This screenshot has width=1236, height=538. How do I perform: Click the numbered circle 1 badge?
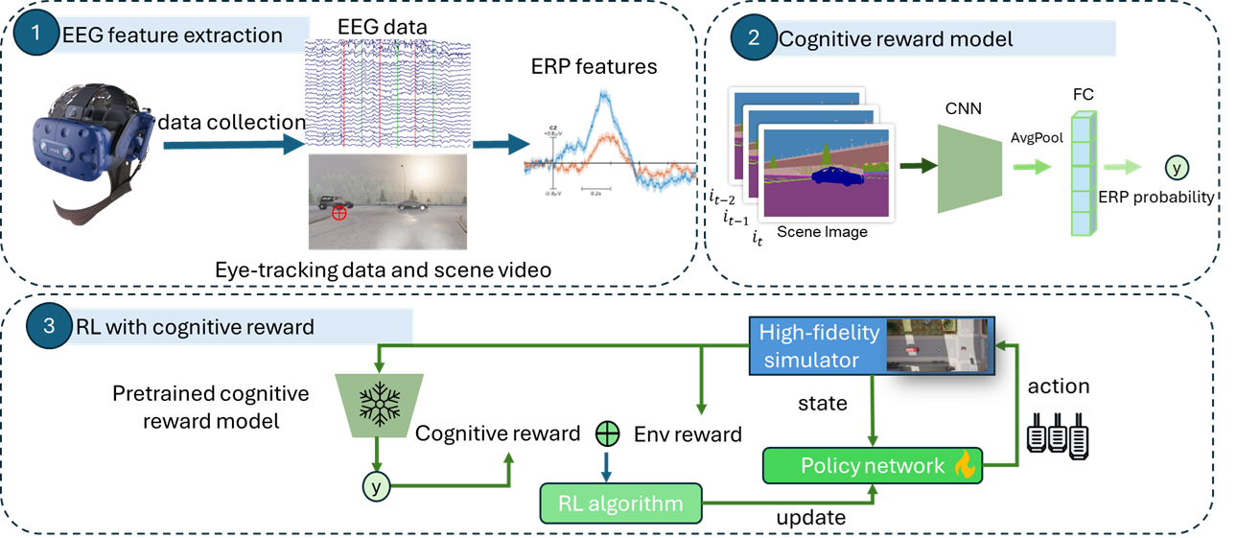tap(36, 33)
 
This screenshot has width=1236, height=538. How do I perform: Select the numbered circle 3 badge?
tap(49, 325)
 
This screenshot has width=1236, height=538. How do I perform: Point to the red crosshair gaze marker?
tap(338, 213)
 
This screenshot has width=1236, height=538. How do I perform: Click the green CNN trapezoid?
tap(968, 158)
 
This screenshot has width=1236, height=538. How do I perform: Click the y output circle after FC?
tap(1176, 168)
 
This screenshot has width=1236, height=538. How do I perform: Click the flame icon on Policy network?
tap(962, 465)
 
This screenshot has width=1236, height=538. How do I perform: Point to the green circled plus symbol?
tap(607, 433)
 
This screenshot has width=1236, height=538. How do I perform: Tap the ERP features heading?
tap(594, 66)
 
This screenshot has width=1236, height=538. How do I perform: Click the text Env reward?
tap(688, 434)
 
